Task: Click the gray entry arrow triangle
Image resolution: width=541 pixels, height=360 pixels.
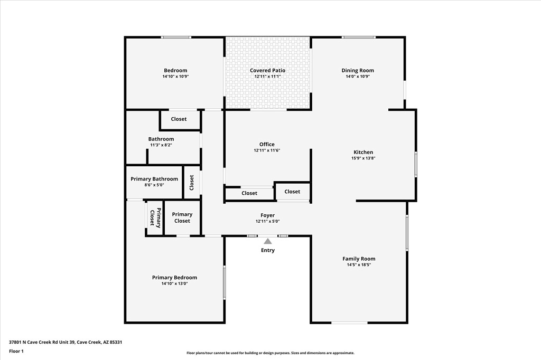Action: [268, 241]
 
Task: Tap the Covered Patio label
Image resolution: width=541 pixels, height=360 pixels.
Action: [268, 70]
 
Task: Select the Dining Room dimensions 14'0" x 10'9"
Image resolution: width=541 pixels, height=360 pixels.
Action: [358, 77]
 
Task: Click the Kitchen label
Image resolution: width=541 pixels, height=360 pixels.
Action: [363, 152]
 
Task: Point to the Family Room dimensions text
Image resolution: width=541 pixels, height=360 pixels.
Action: [359, 265]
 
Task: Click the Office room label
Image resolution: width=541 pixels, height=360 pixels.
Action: [267, 145]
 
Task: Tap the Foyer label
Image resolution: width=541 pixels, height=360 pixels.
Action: [268, 215]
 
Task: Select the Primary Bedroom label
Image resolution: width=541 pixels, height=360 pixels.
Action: [174, 278]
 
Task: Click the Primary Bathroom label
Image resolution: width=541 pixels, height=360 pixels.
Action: [154, 179]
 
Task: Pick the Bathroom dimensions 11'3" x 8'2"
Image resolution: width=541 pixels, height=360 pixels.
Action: [161, 145]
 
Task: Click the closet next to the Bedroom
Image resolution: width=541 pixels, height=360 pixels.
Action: [179, 119]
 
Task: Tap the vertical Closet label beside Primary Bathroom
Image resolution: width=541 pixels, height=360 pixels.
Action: [192, 183]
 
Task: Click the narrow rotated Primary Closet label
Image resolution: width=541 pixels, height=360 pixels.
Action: [155, 218]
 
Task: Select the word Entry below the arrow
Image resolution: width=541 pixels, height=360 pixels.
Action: [268, 250]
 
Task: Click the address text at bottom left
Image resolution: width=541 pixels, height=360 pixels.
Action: [66, 343]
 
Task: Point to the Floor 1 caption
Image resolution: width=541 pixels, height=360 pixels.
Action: [16, 352]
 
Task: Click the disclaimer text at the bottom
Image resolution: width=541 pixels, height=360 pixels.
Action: [270, 353]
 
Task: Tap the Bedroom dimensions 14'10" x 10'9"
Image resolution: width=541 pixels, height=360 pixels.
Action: [175, 77]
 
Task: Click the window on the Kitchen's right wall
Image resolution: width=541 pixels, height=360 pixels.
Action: [416, 164]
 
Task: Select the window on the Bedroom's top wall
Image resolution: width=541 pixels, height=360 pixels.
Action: [176, 37]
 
